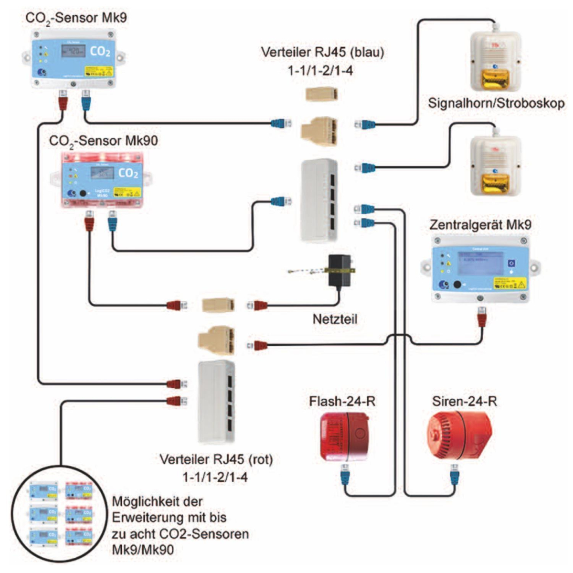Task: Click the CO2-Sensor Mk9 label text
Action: pos(76,18)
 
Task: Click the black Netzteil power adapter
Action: pos(340,271)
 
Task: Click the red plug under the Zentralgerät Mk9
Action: pos(482,317)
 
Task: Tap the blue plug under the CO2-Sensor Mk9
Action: pos(86,100)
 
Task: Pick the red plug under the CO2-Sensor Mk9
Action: pos(63,100)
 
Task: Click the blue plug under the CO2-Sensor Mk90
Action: pos(113,221)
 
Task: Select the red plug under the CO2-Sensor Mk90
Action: pos(89,221)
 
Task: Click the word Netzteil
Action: pos(335,318)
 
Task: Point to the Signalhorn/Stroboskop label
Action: pos(496,103)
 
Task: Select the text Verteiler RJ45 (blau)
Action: pos(322,52)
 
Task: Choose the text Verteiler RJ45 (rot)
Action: pos(216,459)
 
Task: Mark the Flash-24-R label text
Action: pos(342,401)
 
